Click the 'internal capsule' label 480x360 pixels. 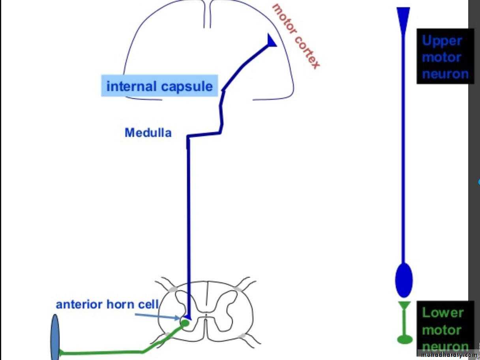pyautogui.click(x=159, y=86)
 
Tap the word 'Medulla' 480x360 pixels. pyautogui.click(x=148, y=133)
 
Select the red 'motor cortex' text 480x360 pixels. pyautogui.click(x=296, y=36)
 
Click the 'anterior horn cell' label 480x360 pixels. pyautogui.click(x=107, y=304)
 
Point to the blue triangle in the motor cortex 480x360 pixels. pyautogui.click(x=272, y=41)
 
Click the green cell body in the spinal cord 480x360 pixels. pyautogui.click(x=184, y=323)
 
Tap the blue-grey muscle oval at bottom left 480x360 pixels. pyautogui.click(x=55, y=337)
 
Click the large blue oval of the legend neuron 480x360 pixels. pyautogui.click(x=403, y=280)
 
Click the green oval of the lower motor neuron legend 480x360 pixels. pyautogui.click(x=404, y=339)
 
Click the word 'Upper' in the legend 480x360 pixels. pyautogui.click(x=442, y=40)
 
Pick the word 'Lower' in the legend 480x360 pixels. pyautogui.click(x=442, y=312)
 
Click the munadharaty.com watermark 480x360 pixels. pyautogui.click(x=449, y=355)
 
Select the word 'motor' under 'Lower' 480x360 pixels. pyautogui.click(x=442, y=330)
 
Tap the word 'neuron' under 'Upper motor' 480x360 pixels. pyautogui.click(x=445, y=73)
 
